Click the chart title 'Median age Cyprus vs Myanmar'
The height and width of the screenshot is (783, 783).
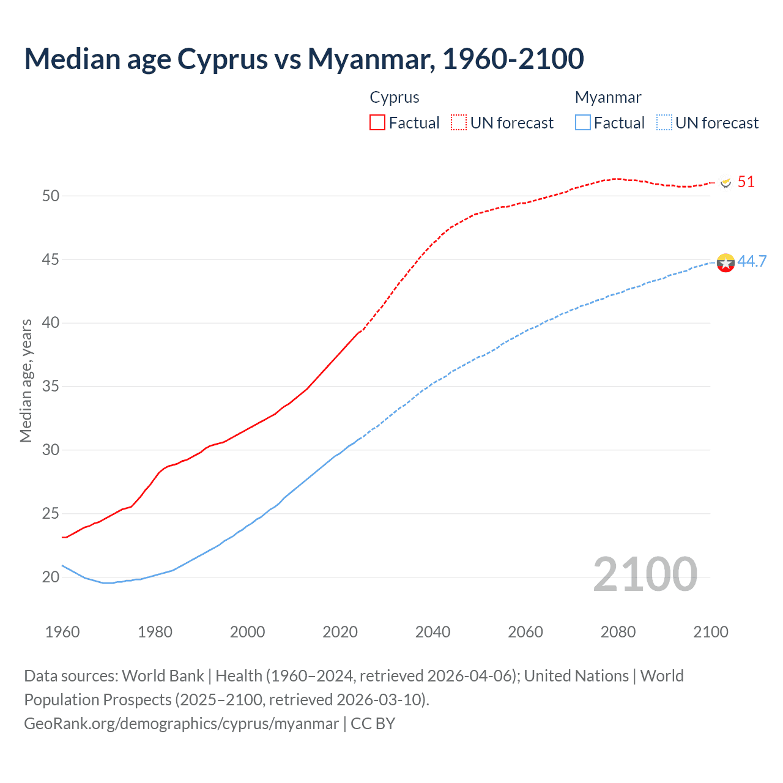click(x=304, y=59)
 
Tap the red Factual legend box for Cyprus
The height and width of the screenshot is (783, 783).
click(x=377, y=122)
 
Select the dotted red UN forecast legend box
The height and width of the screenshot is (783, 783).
click(x=459, y=122)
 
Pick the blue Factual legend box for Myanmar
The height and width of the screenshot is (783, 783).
click(x=583, y=122)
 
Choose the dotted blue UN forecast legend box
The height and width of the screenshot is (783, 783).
click(x=664, y=122)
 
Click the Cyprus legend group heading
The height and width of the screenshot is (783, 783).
click(x=395, y=97)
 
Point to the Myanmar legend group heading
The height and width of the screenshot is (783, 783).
click(x=608, y=97)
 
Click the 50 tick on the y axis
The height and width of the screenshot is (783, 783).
click(x=51, y=196)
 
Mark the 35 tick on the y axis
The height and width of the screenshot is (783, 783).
click(x=51, y=387)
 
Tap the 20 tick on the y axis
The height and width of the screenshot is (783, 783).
click(x=51, y=577)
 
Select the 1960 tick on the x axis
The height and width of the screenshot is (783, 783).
click(x=62, y=632)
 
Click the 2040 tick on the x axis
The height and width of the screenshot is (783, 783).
click(x=432, y=632)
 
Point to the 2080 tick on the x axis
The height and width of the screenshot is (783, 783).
click(x=618, y=632)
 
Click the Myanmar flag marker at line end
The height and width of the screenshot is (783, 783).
click(x=725, y=262)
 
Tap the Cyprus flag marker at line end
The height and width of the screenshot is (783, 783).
click(x=726, y=182)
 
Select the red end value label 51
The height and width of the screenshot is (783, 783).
click(x=746, y=182)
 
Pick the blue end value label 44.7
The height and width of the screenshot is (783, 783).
click(x=752, y=261)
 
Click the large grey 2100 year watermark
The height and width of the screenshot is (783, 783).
click(x=645, y=574)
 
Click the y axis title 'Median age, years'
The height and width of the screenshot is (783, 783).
click(x=26, y=380)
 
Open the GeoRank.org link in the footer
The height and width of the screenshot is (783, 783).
click(x=181, y=724)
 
